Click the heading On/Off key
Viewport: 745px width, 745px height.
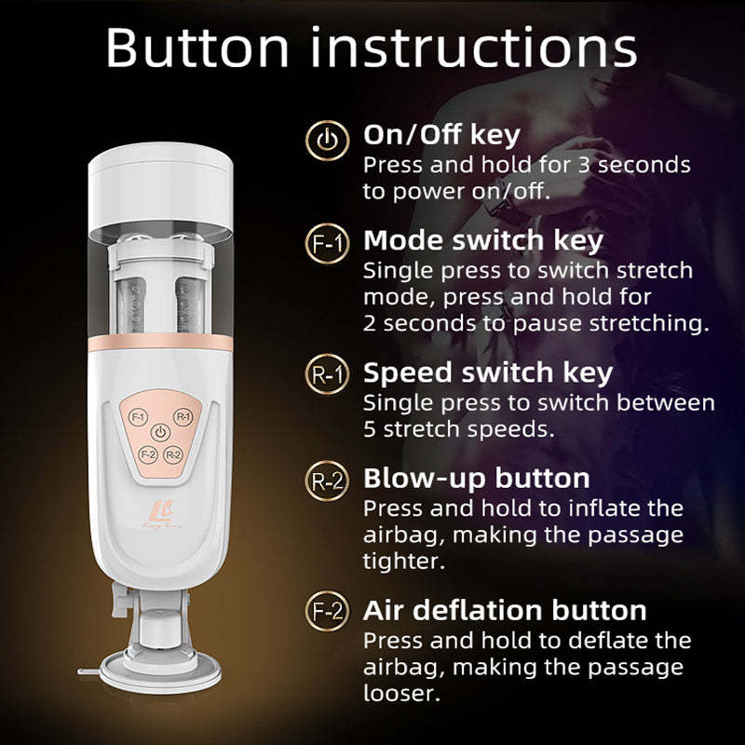(442, 136)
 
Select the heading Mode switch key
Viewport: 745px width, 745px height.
(483, 240)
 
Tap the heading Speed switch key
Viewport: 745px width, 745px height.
(488, 372)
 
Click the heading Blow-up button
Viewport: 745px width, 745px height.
(476, 478)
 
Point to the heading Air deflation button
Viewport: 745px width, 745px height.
(505, 610)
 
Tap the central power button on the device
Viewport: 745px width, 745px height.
(161, 433)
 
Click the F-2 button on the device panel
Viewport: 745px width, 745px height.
(146, 454)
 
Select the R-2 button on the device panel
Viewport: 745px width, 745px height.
(172, 455)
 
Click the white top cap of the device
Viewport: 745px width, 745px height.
(160, 186)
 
